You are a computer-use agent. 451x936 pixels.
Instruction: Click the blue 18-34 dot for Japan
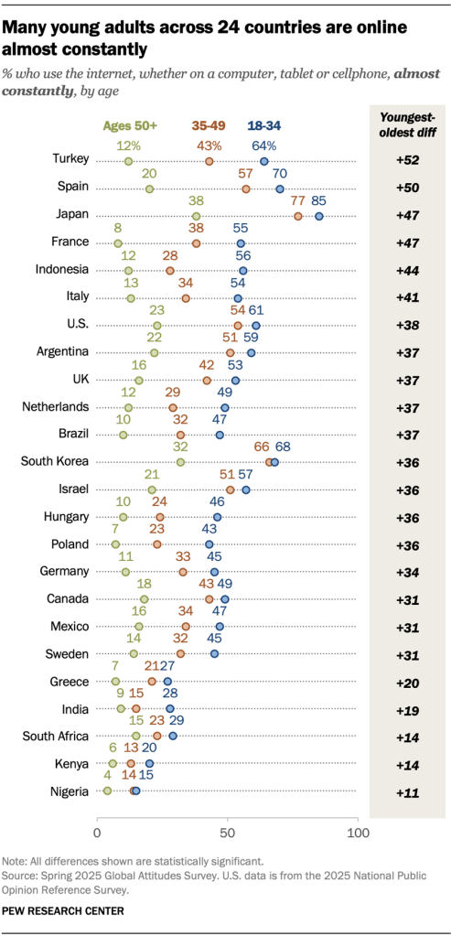[x=319, y=216]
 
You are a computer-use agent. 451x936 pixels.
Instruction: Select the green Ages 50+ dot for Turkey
[x=128, y=161]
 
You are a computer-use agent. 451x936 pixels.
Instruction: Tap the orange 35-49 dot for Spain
[x=246, y=188]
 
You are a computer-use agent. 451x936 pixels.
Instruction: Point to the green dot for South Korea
[x=180, y=462]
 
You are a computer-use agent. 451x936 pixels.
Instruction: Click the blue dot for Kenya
[x=149, y=763]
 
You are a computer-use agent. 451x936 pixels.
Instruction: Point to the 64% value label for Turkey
[x=264, y=145]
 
